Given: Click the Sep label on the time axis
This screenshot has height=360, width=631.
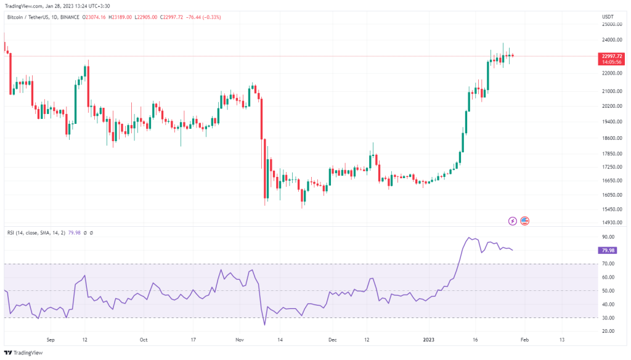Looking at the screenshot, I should [51, 340].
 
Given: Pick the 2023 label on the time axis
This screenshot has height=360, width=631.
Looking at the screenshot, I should [429, 340].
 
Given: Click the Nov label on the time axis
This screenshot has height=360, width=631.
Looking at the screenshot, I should [240, 340].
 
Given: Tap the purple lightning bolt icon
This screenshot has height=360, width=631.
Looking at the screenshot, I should [512, 221].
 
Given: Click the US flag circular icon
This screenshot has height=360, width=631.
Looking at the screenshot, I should [525, 221].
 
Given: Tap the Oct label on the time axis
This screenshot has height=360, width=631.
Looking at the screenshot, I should [144, 340].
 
